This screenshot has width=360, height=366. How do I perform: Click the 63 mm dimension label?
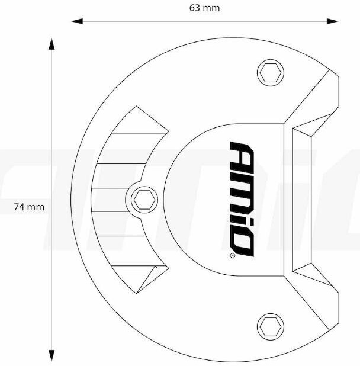pyautogui.click(x=204, y=8)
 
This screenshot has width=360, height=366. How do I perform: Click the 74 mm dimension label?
pyautogui.click(x=29, y=207)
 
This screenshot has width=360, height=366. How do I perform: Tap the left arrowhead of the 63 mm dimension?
pyautogui.click(x=77, y=21)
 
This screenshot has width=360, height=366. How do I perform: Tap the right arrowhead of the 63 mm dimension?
pyautogui.click(x=333, y=21)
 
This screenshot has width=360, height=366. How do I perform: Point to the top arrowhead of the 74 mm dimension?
pyautogui.click(x=52, y=44)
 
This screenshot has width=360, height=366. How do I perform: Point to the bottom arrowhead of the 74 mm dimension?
pyautogui.click(x=52, y=356)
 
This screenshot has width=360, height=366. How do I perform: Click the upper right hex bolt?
pyautogui.click(x=271, y=73)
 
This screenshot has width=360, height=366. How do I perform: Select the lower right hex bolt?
pyautogui.click(x=271, y=327)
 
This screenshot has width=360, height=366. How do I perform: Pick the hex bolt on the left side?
pyautogui.click(x=144, y=200)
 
